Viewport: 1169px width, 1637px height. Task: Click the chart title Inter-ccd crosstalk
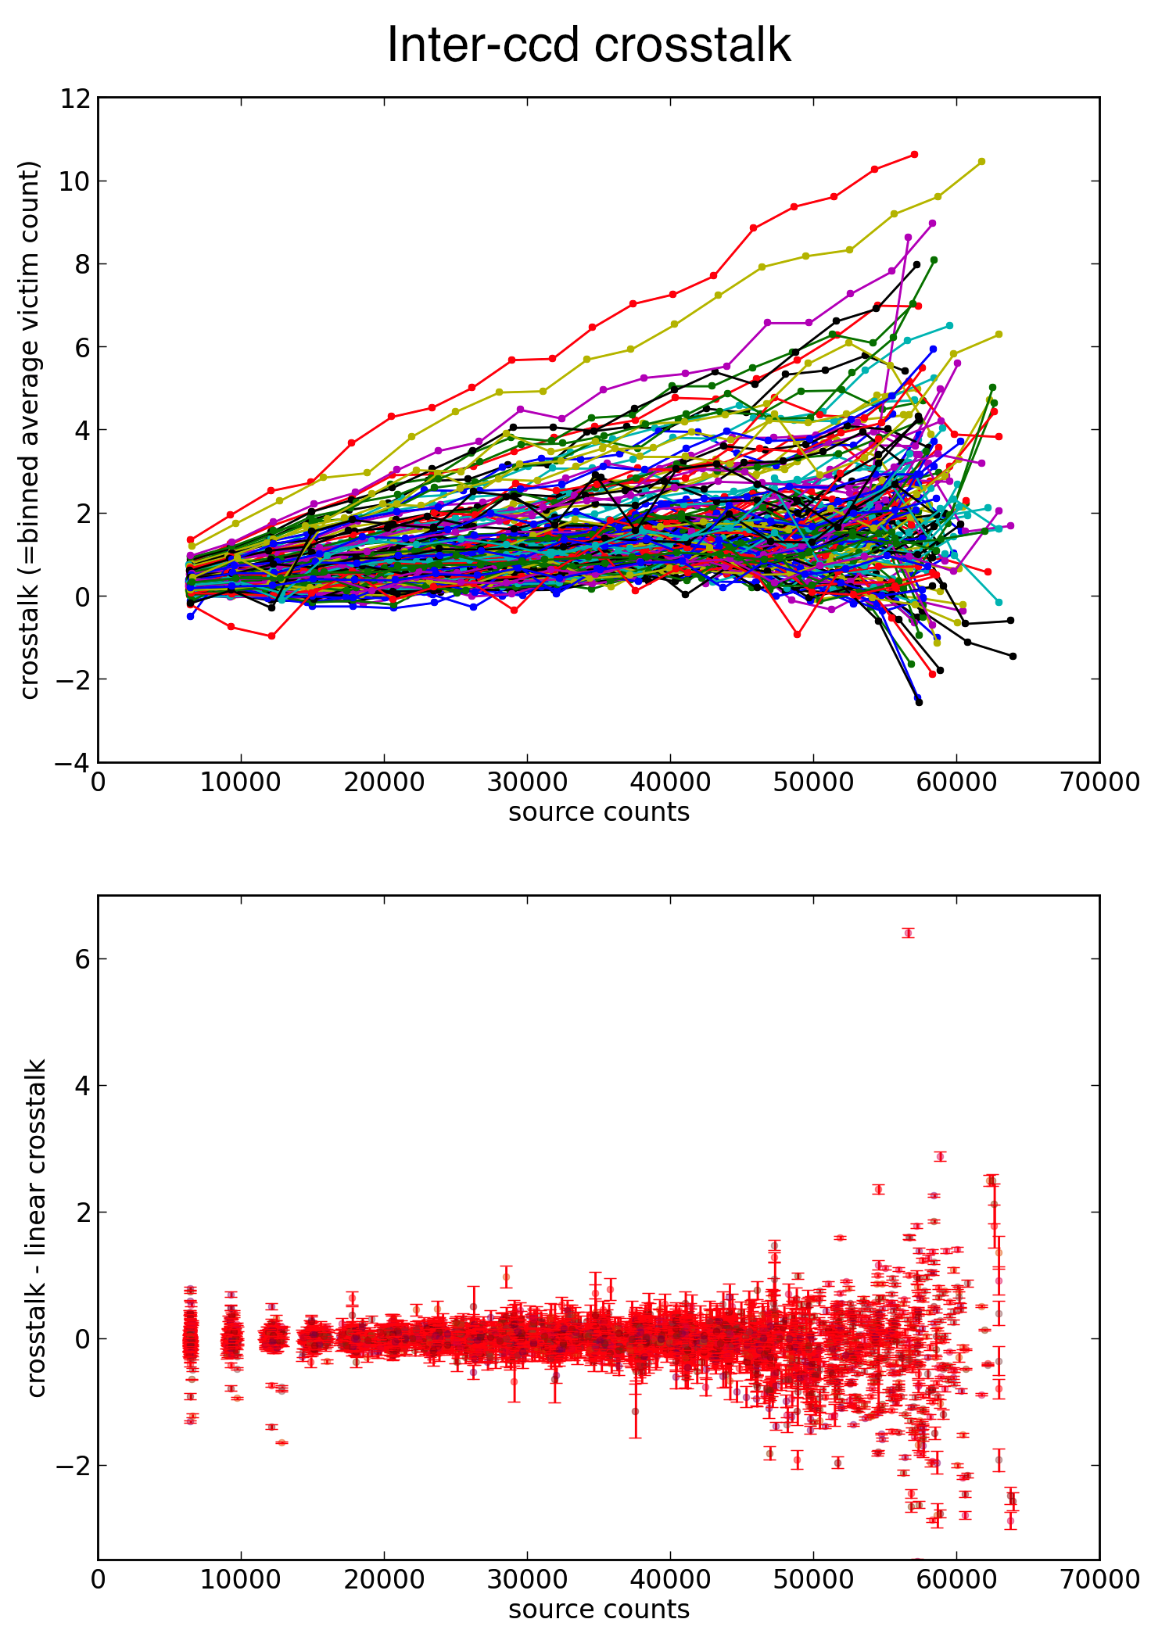589,45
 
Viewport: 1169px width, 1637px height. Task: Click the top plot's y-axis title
29,429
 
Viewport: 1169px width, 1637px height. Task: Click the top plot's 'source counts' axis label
599,812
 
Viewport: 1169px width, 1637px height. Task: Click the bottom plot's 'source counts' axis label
599,1610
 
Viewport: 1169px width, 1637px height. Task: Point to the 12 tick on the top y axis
75,99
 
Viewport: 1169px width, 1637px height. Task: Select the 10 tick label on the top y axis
75,181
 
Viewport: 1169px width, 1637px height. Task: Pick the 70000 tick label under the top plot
1099,783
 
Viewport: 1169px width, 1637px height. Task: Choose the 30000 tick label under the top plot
527,783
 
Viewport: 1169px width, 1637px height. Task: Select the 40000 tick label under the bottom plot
670,1580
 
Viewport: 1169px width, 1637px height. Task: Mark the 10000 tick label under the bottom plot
241,1580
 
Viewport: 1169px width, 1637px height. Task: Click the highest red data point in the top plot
914,155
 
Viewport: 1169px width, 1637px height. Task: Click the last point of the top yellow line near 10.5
981,162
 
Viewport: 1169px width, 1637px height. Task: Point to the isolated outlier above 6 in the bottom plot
908,933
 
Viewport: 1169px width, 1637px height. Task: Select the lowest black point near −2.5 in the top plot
919,702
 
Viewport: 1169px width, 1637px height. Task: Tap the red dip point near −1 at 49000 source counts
797,634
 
